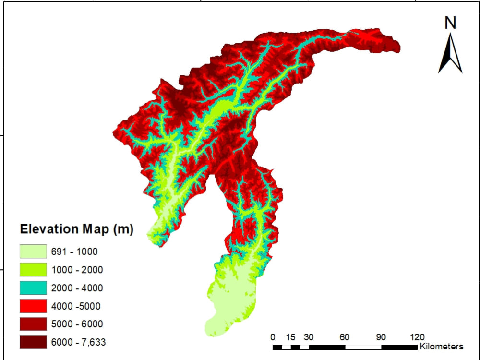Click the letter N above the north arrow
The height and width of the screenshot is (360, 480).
(x=450, y=23)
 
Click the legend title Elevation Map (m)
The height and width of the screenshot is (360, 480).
(x=76, y=229)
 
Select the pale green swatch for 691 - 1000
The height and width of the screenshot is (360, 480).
(x=33, y=252)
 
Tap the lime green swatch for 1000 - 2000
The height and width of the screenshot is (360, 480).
(x=33, y=270)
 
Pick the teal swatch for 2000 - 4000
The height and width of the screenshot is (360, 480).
(x=33, y=288)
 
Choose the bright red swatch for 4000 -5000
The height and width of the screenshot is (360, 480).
(x=33, y=306)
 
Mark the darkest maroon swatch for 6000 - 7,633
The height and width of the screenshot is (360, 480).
(x=33, y=342)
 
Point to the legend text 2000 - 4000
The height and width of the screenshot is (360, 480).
(x=77, y=288)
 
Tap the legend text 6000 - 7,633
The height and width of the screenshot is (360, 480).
(x=78, y=342)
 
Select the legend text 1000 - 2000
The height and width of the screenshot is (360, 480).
(x=77, y=270)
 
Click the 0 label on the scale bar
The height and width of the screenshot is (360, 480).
(x=273, y=336)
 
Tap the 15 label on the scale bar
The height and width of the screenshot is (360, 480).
(x=290, y=336)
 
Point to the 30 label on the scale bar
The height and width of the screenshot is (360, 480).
(x=309, y=336)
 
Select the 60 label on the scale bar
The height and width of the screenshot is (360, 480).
(x=345, y=336)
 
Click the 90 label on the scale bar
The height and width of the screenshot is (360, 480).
(x=381, y=336)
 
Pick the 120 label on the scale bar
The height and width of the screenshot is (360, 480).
(x=417, y=336)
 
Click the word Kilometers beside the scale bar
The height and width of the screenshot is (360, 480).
(x=442, y=346)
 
